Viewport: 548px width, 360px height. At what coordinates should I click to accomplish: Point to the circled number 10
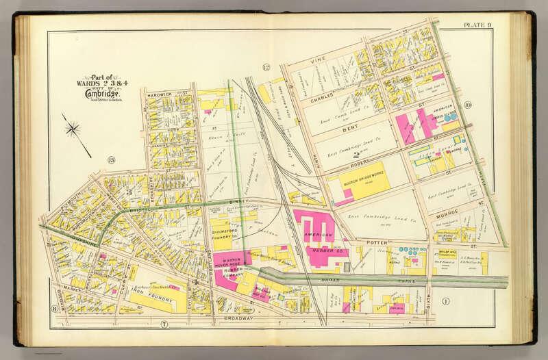(466, 105)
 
